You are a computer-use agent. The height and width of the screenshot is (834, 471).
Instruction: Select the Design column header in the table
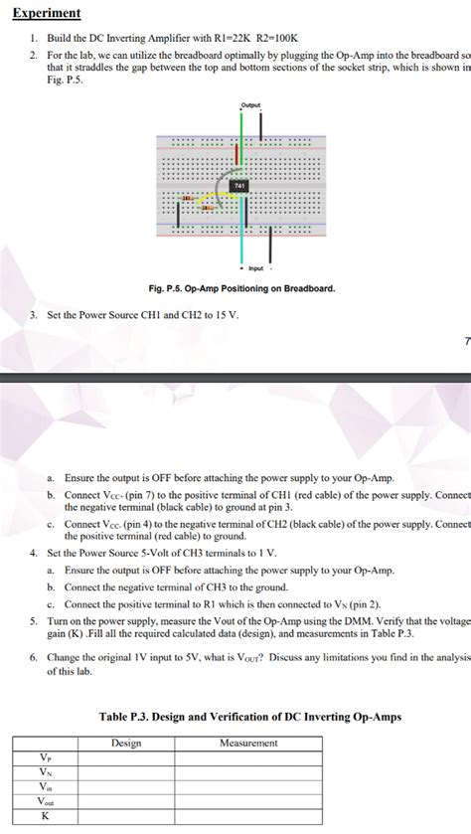[126, 743]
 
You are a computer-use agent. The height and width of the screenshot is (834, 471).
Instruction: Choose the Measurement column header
[247, 743]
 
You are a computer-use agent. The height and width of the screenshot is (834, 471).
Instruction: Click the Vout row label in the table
[44, 800]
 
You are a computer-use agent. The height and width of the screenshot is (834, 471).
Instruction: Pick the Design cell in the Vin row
[126, 785]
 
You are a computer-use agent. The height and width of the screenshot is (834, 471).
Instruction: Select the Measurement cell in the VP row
[247, 756]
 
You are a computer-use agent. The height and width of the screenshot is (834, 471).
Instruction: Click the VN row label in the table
[44, 771]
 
